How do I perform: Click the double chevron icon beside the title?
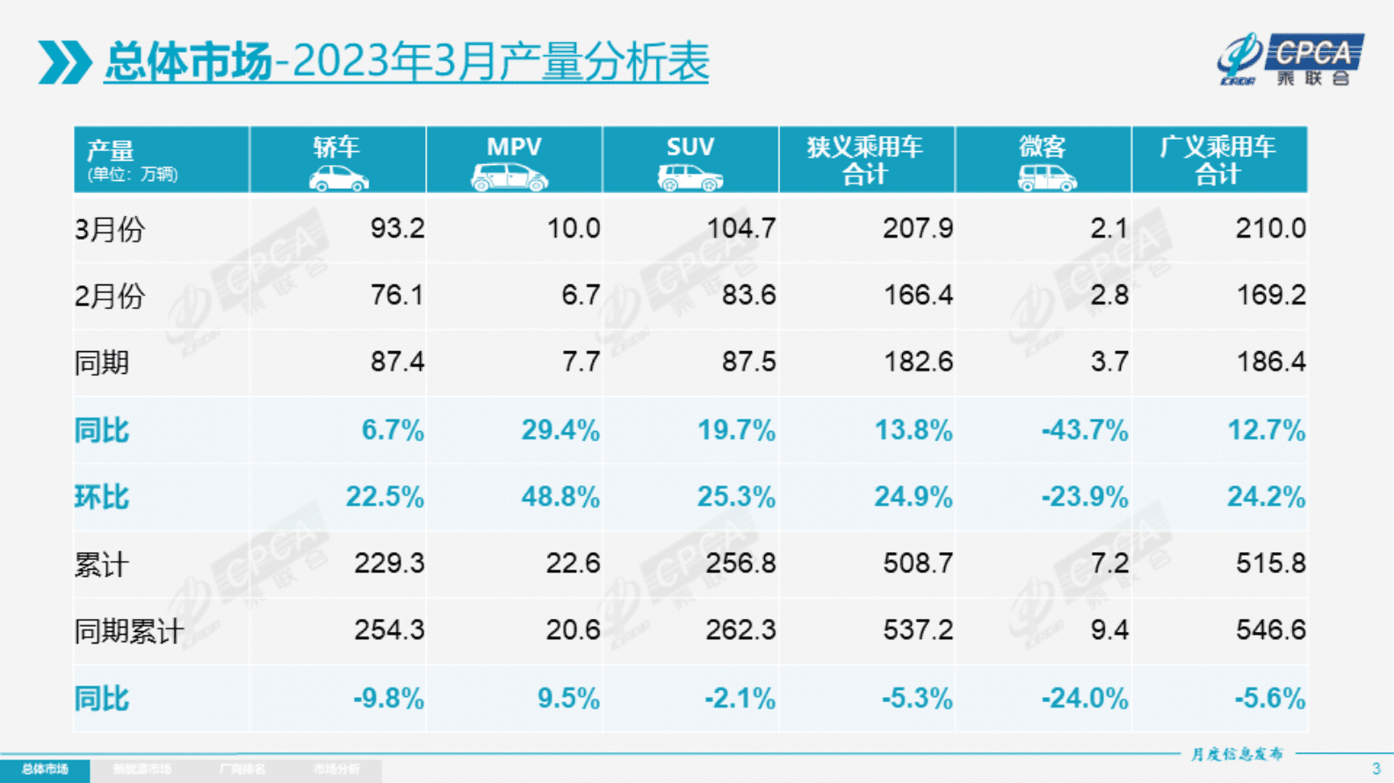pos(64,62)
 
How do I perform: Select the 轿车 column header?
pos(337,147)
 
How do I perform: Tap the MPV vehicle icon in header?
pos(509,177)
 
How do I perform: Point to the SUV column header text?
pos(690,147)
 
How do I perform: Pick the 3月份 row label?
pos(110,229)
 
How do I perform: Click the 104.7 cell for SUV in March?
pos(741,228)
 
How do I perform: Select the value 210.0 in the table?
pos(1270,228)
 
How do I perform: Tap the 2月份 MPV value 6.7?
pos(581,295)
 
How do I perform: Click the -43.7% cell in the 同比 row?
pos(1085,430)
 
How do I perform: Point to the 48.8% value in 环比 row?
pos(560,497)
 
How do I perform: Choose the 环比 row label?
pos(102,497)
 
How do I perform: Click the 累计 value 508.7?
pos(918,563)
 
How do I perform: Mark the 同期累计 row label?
pos(129,630)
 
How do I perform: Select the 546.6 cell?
pos(1270,629)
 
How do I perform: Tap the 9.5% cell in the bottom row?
pos(568,699)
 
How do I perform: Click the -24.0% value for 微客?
pos(1085,699)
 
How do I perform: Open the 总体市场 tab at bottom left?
pos(45,770)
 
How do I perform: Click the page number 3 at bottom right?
pos(1376,769)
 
